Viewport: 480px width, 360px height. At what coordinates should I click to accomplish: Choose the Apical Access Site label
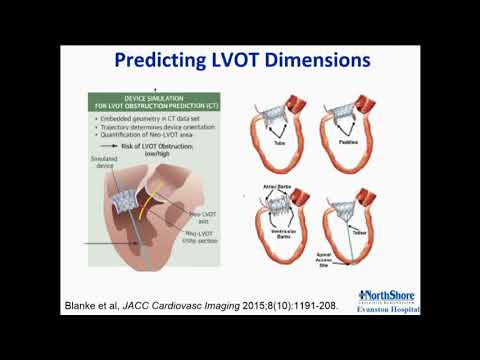(x=325, y=264)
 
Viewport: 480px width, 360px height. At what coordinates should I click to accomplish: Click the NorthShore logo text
(x=390, y=296)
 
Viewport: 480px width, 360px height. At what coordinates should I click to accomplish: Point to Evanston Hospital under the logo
(x=390, y=309)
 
